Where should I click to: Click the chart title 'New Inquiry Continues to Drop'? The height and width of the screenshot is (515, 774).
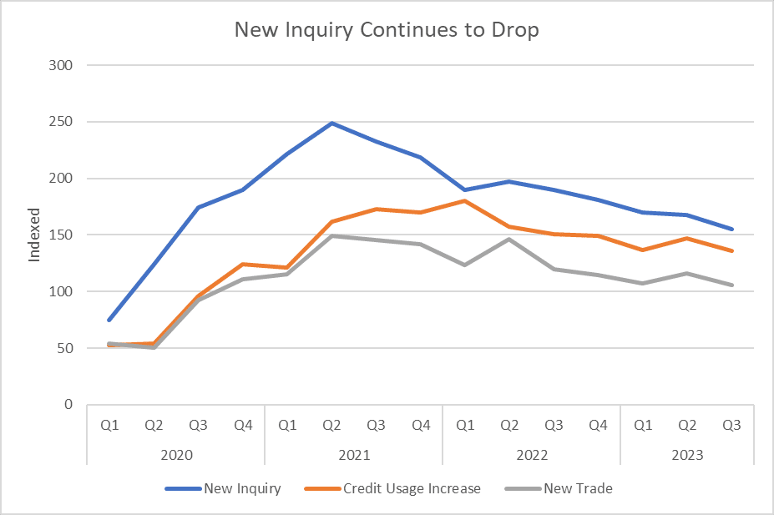pos(387,30)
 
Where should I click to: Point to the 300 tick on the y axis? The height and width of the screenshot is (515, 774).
pos(63,65)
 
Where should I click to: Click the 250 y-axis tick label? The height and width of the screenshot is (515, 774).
pos(63,122)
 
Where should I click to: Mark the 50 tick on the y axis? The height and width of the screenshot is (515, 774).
pos(66,348)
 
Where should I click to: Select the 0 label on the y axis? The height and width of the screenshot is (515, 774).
pos(69,405)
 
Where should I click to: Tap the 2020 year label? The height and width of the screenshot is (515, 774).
pos(176,456)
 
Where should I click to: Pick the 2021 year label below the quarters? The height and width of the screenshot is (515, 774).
pos(354,456)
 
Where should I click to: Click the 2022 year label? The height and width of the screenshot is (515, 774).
pos(532,456)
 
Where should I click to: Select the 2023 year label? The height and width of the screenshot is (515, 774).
pos(687,456)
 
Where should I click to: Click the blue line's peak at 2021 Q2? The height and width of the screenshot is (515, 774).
pos(332,123)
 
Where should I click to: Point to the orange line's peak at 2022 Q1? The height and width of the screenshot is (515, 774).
pos(465,200)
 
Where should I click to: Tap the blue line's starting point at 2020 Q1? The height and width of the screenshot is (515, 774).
pos(109,320)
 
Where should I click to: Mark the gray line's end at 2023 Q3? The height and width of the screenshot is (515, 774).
pos(732,285)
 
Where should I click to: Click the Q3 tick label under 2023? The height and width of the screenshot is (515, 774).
pos(732,425)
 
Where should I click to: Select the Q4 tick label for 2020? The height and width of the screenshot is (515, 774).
pos(243,425)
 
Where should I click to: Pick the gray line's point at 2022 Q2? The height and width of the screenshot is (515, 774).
pos(509,240)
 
